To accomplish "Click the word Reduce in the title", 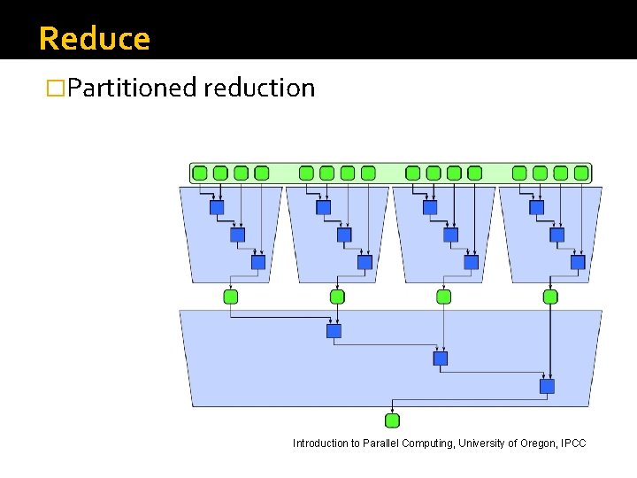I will (x=95, y=39).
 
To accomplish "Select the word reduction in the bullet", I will (x=258, y=88).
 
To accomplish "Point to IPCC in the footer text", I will (x=572, y=443).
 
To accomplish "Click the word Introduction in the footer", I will (x=320, y=443).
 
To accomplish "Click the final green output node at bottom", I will (x=393, y=420).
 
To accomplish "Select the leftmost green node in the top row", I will (x=200, y=173).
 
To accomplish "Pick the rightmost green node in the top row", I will (x=581, y=173).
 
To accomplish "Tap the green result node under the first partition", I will (x=231, y=297).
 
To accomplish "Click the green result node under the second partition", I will (x=337, y=297).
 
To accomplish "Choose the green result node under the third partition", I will (x=443, y=297).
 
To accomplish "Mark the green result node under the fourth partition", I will (x=550, y=297).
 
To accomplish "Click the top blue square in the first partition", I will (x=217, y=207).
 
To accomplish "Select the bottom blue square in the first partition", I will (x=258, y=262).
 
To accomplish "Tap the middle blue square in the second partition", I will (x=344, y=235).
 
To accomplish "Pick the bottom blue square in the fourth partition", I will (x=578, y=262).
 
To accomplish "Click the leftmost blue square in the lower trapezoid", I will (x=334, y=331).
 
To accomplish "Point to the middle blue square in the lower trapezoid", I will (x=441, y=358).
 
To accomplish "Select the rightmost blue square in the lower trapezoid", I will (x=547, y=386).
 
